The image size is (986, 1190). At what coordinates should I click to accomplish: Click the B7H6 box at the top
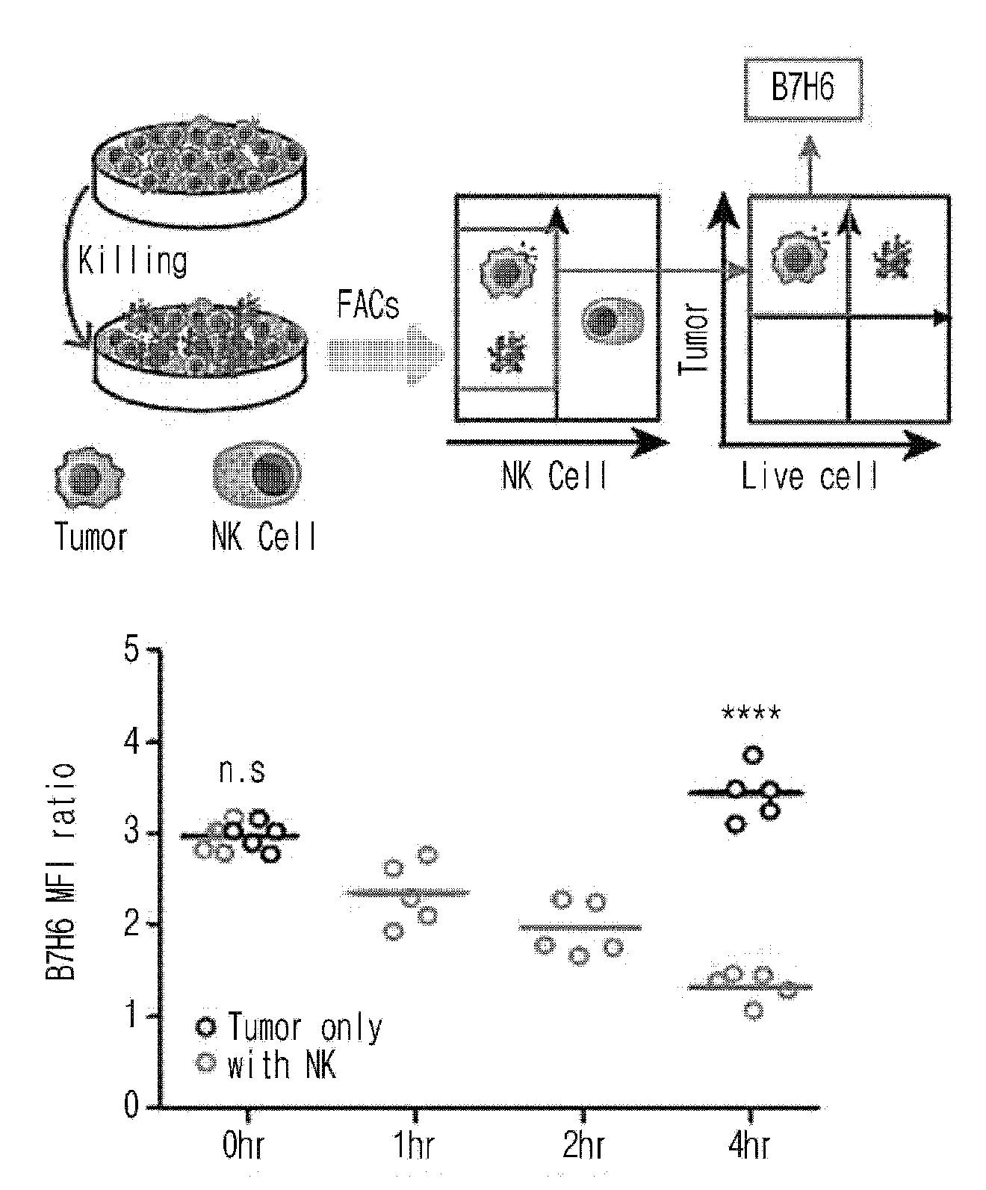coord(802,90)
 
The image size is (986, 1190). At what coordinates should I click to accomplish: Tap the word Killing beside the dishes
coord(132,261)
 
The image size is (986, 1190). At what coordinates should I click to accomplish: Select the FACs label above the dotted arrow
coord(368,304)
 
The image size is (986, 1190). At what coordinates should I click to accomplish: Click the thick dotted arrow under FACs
coord(385,355)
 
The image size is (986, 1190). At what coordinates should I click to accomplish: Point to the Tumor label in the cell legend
coord(90,537)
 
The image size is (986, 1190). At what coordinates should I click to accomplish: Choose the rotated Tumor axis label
coord(694,339)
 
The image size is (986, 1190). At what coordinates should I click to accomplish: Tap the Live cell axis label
coord(809,476)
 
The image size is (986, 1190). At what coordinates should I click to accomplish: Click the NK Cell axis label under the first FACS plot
coord(554,476)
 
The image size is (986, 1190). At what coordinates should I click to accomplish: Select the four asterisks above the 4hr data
coord(751,713)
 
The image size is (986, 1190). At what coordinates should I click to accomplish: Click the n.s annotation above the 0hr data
coord(242,770)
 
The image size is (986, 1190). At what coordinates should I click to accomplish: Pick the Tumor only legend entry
coord(288,1028)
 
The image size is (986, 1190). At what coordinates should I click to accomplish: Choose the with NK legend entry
coord(266,1064)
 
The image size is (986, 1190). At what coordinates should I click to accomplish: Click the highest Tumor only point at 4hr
coord(753,756)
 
